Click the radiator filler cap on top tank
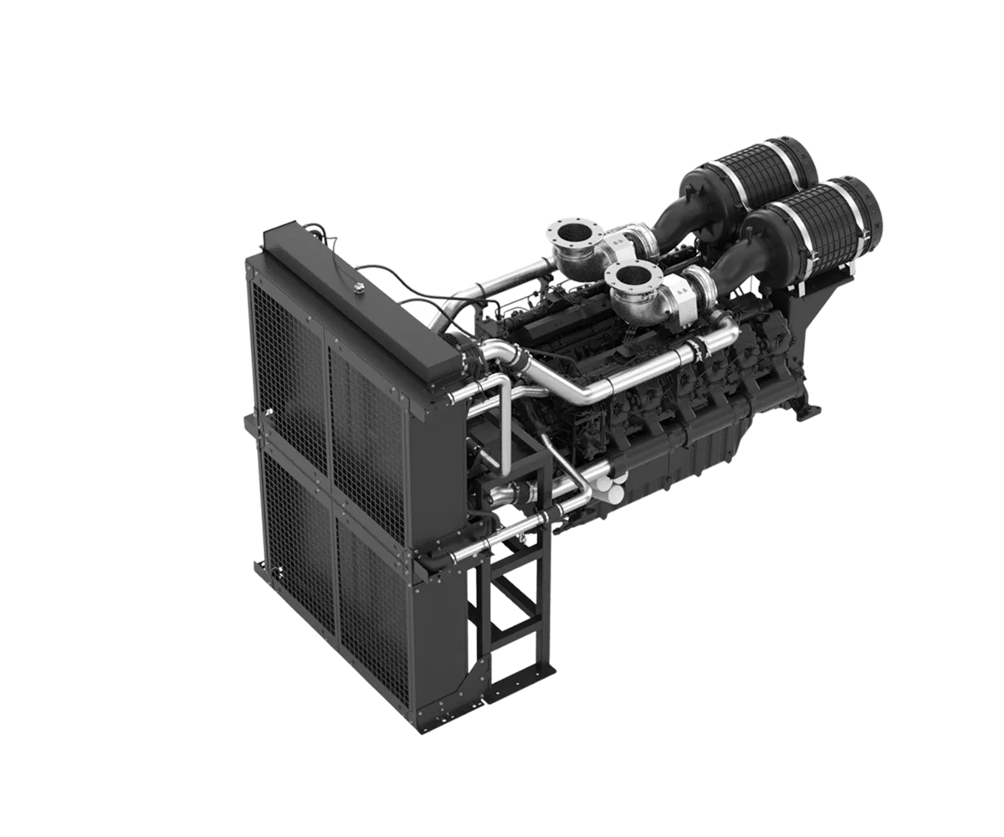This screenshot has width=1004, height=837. [x=359, y=289]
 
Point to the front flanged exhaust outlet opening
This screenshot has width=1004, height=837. [x=630, y=274]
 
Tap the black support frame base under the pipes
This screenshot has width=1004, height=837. [x=510, y=603]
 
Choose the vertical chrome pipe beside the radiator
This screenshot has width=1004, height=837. [x=505, y=418]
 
